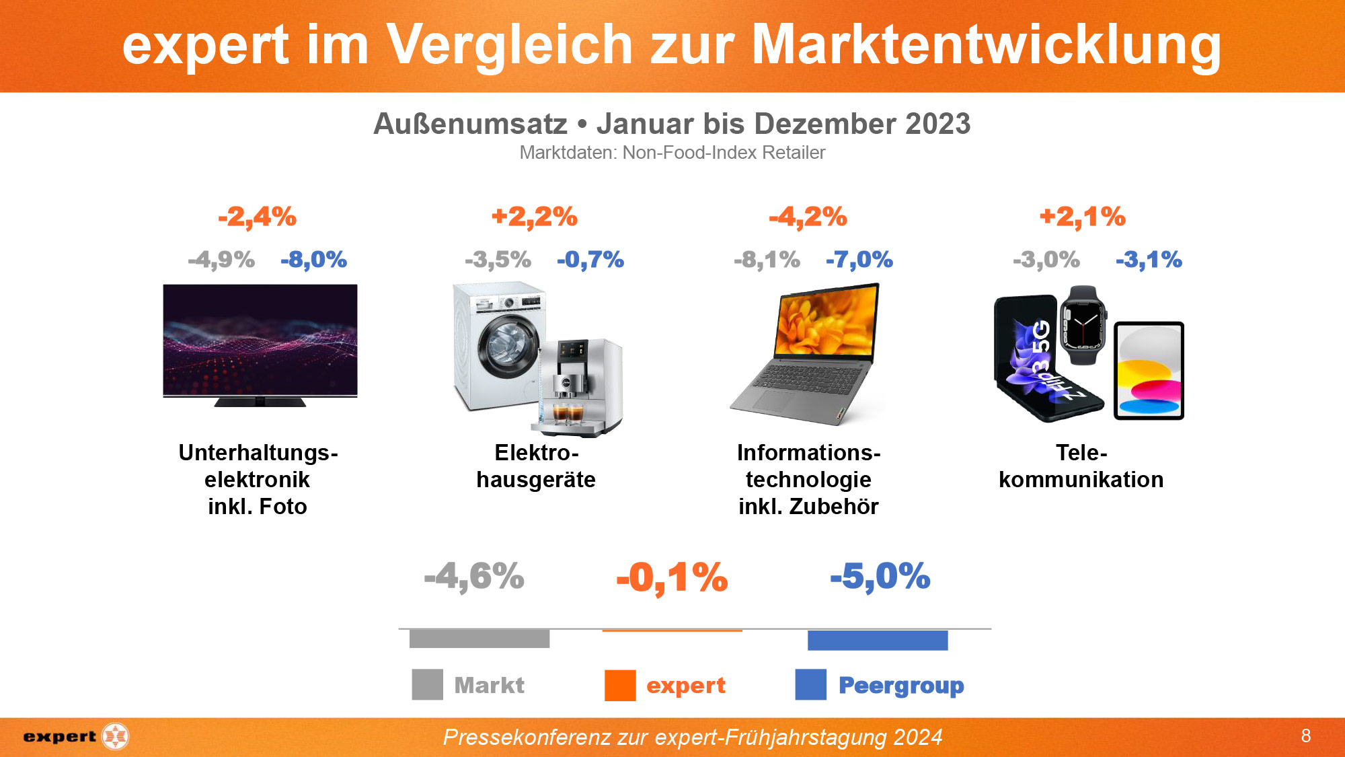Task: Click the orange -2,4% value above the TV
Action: click(x=257, y=217)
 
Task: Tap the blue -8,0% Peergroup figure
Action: click(x=313, y=259)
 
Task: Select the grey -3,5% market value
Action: click(x=498, y=259)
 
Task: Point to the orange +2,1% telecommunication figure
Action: click(x=1082, y=217)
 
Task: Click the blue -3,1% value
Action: click(x=1149, y=259)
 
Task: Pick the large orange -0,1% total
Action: click(x=672, y=577)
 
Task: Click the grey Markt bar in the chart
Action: click(x=479, y=639)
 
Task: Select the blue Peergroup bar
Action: click(x=877, y=640)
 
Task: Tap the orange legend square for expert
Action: click(x=619, y=685)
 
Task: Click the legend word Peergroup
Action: click(x=900, y=685)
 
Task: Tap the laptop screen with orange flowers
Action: click(x=826, y=322)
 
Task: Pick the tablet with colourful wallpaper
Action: click(x=1149, y=371)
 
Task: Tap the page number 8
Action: click(x=1305, y=735)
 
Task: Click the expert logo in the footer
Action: click(x=75, y=736)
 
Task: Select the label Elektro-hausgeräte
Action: click(x=536, y=466)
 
